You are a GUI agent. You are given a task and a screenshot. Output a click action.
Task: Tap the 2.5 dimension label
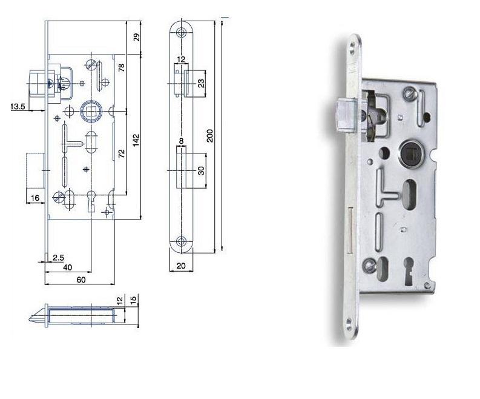coord(58,258)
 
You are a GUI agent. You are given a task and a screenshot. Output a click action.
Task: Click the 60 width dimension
coord(81,280)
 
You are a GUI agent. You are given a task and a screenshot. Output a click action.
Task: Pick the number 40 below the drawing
coord(68,268)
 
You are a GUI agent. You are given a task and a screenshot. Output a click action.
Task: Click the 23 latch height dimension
coord(200,83)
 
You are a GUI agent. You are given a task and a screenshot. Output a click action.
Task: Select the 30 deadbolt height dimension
coord(200,170)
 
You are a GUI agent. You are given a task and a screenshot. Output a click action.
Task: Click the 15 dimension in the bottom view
coord(133,299)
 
